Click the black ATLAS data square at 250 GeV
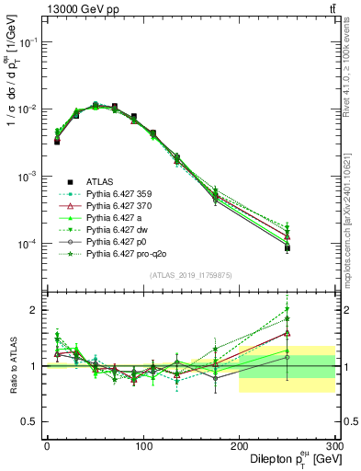click(x=288, y=247)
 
